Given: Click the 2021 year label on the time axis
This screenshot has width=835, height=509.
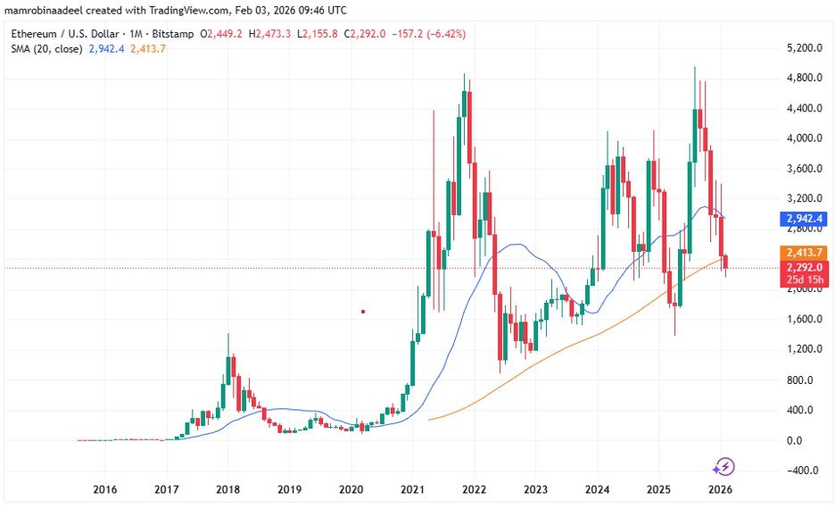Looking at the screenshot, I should [x=411, y=489].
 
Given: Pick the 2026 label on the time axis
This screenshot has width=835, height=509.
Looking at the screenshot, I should [x=719, y=489].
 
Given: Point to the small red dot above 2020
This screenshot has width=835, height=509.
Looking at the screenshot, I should [x=363, y=312].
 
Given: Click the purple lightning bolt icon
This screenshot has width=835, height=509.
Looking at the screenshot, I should [x=723, y=466].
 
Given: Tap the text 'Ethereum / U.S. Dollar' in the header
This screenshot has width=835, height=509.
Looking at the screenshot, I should [x=62, y=33].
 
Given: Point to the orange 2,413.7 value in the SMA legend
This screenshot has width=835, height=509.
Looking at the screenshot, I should [x=147, y=48].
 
